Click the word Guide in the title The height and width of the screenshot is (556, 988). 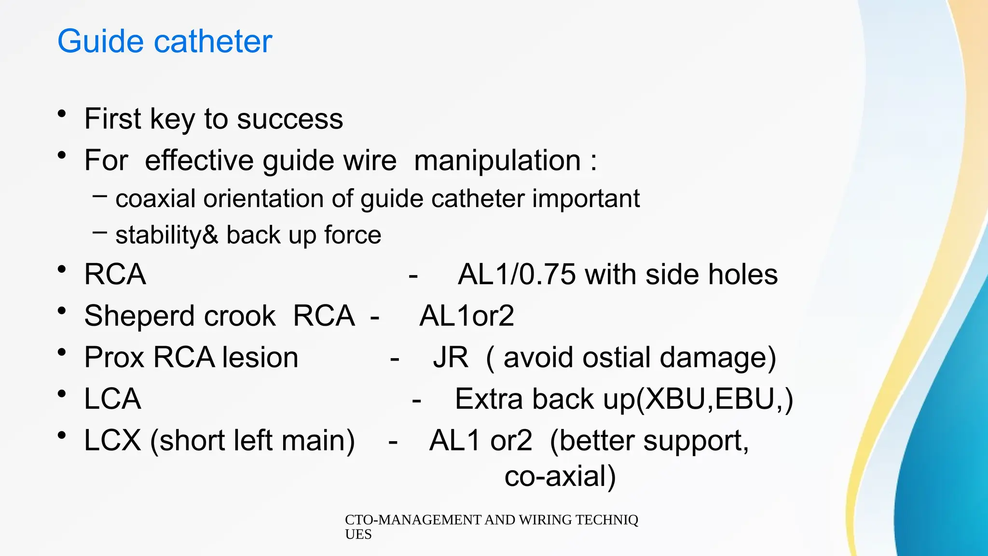click(100, 42)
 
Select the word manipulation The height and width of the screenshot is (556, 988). click(497, 161)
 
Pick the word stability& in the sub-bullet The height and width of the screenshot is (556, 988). click(167, 236)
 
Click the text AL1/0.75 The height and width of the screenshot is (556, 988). click(517, 275)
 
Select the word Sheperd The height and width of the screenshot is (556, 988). click(139, 317)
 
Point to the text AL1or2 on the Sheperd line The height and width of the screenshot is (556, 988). click(467, 316)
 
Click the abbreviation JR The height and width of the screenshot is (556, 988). click(451, 358)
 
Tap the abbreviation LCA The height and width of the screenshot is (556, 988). click(112, 399)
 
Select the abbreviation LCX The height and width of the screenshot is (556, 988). click(112, 441)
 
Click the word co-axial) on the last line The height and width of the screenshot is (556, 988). click(560, 476)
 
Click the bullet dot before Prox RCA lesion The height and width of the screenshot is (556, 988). click(61, 352)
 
